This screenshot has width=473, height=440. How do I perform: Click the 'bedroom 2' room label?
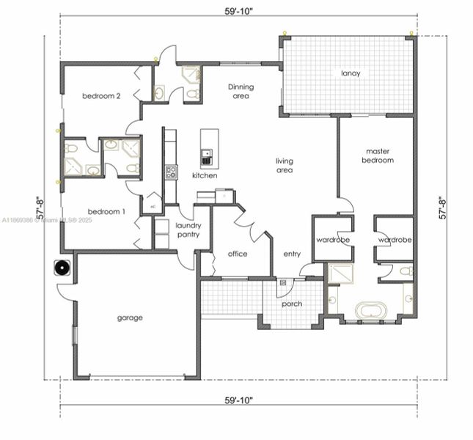101,96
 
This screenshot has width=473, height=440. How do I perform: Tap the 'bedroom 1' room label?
103,211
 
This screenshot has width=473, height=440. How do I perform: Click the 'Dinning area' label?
241,91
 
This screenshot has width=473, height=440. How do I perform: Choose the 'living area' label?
285,166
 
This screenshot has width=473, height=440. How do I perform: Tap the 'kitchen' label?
205,175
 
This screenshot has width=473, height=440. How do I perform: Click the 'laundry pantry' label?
188,230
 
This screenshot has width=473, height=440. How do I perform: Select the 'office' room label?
237,254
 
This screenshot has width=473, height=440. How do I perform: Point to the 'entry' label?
292,254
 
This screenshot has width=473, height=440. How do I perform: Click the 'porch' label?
291,304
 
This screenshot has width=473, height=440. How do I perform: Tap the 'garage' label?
130,318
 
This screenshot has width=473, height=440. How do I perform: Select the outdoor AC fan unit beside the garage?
62,268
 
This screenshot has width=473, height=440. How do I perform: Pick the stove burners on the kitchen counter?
171,172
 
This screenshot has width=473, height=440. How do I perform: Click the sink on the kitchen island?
207,155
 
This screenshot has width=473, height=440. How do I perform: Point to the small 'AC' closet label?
153,207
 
